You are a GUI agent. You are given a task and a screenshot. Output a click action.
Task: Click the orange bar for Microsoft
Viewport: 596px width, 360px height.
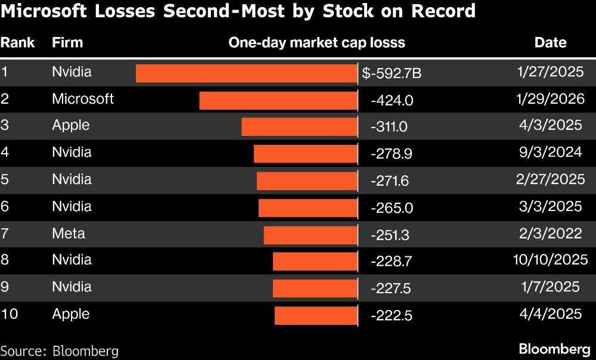278,100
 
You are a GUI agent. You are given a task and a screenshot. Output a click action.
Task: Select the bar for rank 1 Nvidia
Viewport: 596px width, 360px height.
246,73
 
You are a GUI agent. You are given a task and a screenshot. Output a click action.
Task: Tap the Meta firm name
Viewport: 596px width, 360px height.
69,233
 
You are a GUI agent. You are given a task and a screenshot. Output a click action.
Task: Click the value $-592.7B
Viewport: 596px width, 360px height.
392,73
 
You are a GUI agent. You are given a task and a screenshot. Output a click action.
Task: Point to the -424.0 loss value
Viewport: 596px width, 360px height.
392,100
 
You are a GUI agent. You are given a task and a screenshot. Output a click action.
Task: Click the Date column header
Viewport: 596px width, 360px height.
550,42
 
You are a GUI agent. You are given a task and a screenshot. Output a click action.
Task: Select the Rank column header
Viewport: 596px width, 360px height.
17,42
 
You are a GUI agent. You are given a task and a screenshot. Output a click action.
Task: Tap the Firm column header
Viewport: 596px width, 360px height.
67,42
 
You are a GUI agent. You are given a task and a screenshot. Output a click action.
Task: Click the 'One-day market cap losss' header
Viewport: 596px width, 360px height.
316,42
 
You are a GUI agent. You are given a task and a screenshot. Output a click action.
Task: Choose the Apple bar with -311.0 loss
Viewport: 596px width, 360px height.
299,127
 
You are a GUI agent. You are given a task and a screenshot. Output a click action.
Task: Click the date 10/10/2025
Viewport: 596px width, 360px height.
550,259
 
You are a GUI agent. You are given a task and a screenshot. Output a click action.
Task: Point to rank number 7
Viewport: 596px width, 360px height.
5,233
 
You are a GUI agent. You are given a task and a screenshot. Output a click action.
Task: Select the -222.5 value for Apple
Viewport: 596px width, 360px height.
391,316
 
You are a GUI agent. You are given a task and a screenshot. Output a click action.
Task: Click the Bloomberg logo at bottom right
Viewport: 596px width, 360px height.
554,349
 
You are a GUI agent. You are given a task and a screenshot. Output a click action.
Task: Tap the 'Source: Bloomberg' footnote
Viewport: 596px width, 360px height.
59,350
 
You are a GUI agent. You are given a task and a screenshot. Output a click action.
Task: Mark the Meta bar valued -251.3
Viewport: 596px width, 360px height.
311,235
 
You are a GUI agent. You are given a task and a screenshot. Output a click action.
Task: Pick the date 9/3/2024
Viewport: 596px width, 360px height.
550,152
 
